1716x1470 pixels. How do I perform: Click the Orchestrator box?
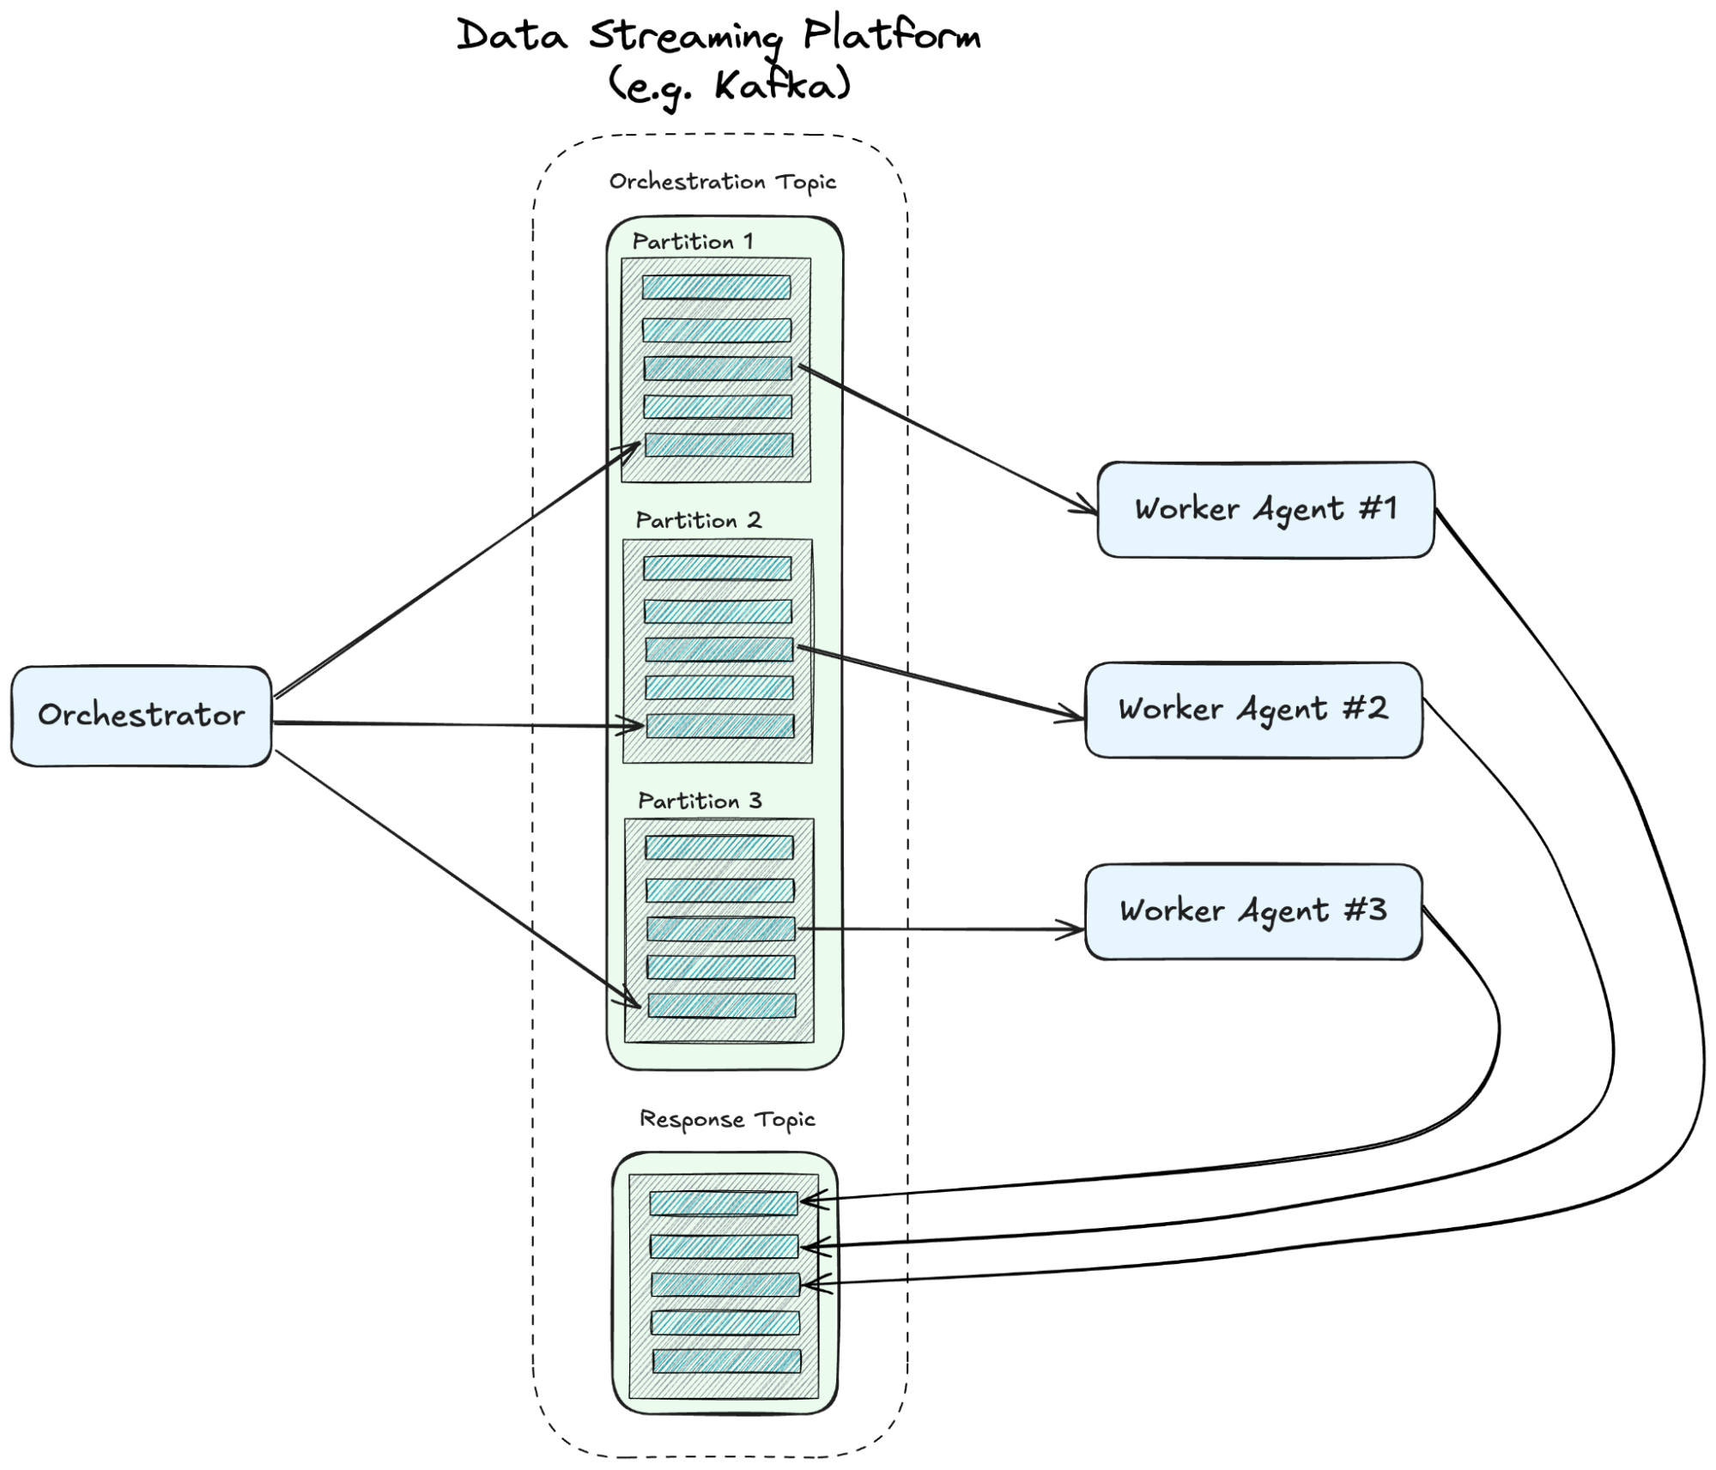click(x=142, y=716)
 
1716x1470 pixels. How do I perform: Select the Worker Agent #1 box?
click(x=1265, y=510)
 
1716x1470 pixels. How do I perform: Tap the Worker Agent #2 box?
click(x=1253, y=710)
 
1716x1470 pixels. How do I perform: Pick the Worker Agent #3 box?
click(x=1253, y=911)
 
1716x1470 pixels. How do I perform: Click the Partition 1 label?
click(x=693, y=241)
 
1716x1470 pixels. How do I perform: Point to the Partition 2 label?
click(x=699, y=520)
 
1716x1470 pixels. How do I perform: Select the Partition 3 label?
click(x=700, y=801)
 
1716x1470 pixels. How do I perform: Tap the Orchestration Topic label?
click(x=723, y=182)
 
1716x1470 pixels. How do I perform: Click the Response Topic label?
click(x=727, y=1120)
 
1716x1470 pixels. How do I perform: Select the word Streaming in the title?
click(x=685, y=37)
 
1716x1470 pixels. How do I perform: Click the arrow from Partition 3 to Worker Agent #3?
click(x=941, y=929)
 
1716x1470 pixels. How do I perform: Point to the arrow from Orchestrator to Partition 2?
click(x=458, y=725)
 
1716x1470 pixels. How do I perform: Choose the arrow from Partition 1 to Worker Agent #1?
click(x=948, y=440)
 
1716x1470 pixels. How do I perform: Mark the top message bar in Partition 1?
click(x=716, y=287)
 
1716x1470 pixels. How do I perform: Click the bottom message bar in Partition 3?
click(x=721, y=1006)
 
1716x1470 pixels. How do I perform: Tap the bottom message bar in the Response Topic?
click(x=726, y=1361)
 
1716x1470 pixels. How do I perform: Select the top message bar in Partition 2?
click(x=717, y=568)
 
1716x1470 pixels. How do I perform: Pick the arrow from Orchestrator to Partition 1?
click(x=458, y=570)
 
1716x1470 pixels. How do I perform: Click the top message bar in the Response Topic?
click(x=724, y=1203)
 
